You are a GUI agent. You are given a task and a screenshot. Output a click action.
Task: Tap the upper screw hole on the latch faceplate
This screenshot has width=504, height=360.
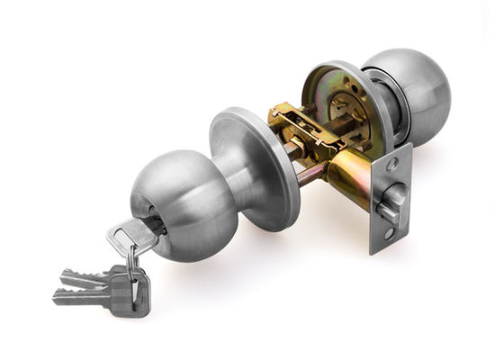pyautogui.click(x=392, y=164)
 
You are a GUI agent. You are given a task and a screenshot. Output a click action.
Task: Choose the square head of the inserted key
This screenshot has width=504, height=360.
pyautogui.click(x=126, y=238)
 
